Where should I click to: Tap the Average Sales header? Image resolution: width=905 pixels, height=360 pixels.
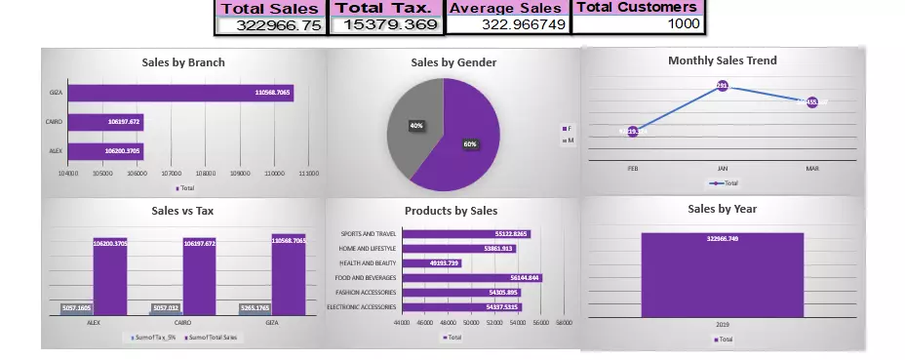(x=506, y=8)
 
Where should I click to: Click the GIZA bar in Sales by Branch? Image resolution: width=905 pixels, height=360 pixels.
(x=180, y=93)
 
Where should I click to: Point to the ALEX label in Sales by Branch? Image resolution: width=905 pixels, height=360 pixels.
(x=56, y=151)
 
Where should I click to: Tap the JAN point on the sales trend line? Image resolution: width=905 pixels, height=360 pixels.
(x=723, y=86)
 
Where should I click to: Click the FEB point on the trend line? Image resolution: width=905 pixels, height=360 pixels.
(x=633, y=131)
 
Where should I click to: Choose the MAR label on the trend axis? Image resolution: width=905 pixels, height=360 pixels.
(x=811, y=168)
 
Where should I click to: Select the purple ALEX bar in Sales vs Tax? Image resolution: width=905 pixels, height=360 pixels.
(x=109, y=278)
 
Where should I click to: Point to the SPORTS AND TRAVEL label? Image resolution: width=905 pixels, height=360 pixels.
(x=369, y=234)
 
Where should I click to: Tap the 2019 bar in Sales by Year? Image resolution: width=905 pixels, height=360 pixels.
(x=723, y=274)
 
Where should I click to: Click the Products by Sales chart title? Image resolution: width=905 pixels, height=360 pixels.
(x=451, y=211)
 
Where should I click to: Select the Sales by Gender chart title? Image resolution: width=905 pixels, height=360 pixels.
(x=453, y=62)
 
